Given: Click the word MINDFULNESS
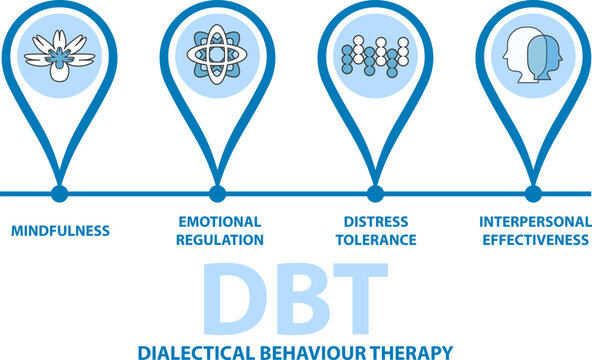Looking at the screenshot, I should (x=60, y=231).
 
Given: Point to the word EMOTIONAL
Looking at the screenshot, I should (x=219, y=221).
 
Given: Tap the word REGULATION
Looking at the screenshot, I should (x=219, y=240).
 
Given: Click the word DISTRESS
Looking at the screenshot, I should (x=376, y=221).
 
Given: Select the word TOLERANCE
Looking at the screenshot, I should (x=376, y=240).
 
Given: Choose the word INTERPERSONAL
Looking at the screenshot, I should (x=534, y=221).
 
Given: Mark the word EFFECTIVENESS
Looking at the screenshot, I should (x=534, y=240).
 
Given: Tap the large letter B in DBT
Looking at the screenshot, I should (x=297, y=299).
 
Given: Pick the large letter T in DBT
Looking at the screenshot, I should (x=357, y=299).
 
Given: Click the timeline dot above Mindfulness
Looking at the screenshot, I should (x=60, y=193).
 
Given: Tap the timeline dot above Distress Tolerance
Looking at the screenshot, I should (x=375, y=193).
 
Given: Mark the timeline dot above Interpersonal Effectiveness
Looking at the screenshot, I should (x=533, y=193).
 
